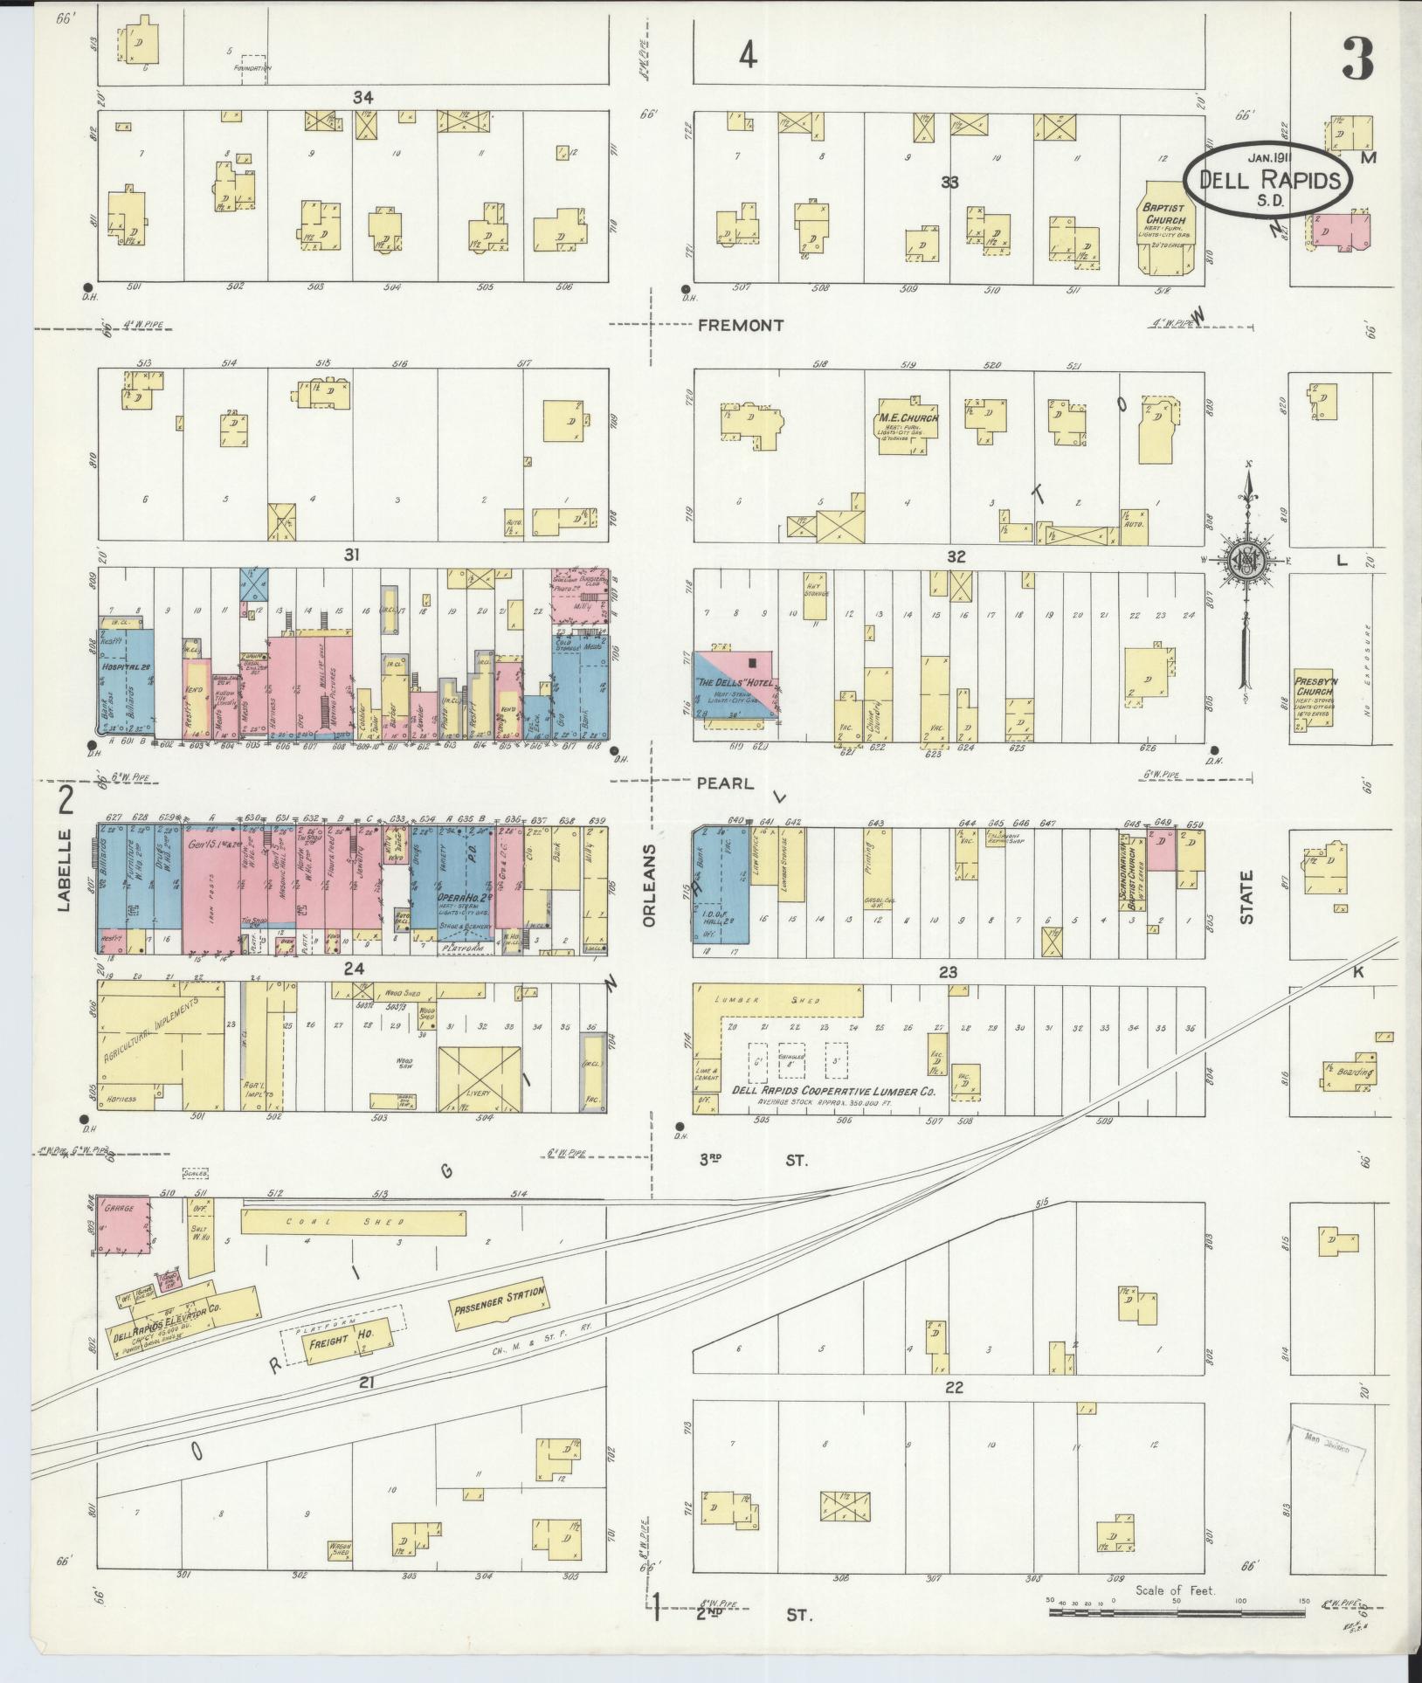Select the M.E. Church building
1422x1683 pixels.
(908, 425)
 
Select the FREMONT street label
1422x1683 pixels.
(741, 325)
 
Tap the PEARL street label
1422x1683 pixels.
(725, 783)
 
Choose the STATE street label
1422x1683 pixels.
(1246, 896)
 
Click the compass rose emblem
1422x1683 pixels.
(1250, 562)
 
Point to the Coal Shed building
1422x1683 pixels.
(353, 1222)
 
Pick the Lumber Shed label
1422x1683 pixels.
(777, 1000)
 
